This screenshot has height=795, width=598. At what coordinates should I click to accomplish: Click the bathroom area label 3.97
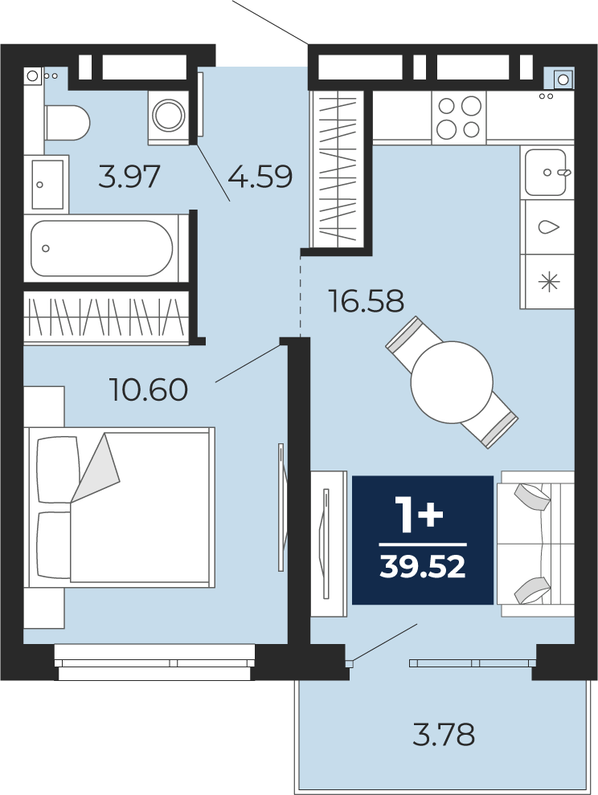point(129,177)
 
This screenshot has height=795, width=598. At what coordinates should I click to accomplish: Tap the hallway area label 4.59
point(260,177)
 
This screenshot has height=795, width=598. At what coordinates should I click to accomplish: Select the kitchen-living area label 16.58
point(366,300)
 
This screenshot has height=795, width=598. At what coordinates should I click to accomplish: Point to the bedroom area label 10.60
point(149,390)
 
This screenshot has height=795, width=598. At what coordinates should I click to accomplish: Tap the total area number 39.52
point(422,566)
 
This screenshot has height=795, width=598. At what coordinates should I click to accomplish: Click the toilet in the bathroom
point(67,123)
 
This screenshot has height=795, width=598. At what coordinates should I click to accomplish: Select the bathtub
point(101,248)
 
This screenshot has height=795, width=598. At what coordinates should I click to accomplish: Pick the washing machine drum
point(169,115)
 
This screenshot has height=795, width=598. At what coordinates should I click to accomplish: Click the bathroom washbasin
point(48,184)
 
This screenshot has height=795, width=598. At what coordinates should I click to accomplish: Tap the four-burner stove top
point(459,117)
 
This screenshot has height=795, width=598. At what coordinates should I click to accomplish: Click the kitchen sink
point(547,173)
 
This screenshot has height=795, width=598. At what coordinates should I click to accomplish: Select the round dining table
point(452,381)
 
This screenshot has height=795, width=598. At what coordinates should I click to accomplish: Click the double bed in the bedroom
point(119,508)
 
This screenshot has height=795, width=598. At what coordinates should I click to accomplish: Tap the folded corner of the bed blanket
point(96,467)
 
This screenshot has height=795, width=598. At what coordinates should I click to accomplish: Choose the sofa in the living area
point(535,544)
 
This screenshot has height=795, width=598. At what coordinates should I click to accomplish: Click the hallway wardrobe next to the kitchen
point(337,168)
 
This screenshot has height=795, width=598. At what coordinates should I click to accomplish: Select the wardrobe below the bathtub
point(106,317)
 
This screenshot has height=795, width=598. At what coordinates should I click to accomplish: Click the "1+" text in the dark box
point(420,515)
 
